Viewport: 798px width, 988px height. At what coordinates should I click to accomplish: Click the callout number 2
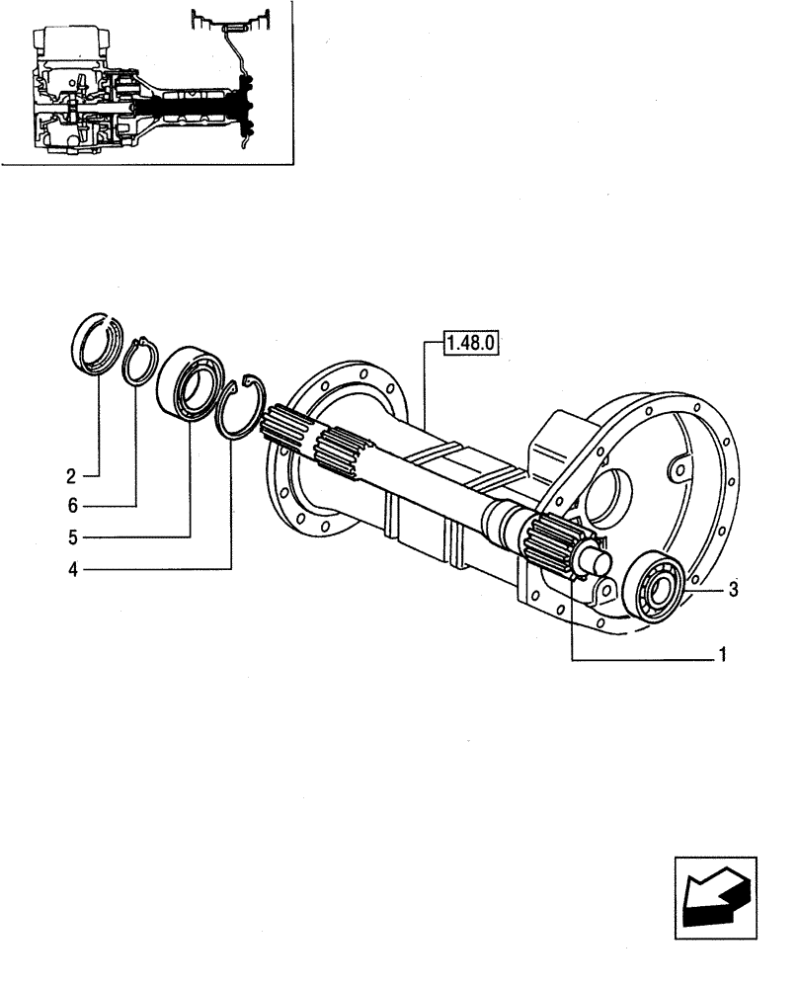pos(71,476)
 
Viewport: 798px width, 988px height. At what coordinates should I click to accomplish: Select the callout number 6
pos(71,506)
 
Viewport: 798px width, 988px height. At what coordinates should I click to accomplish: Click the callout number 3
pos(732,590)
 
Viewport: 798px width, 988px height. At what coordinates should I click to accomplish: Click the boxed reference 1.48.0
pos(473,343)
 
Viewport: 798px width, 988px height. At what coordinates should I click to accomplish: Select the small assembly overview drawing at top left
pos(148,83)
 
